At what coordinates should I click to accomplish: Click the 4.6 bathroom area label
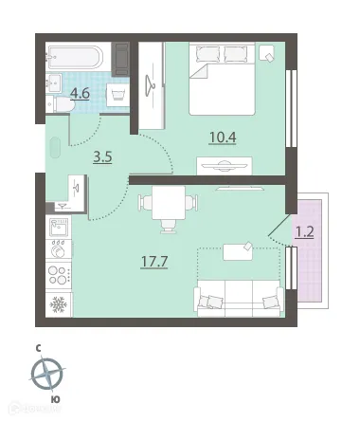pyautogui.click(x=81, y=94)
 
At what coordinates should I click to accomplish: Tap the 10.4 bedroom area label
pyautogui.click(x=223, y=138)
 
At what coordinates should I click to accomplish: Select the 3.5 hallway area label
pyautogui.click(x=103, y=156)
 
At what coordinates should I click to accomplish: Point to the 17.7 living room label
pyautogui.click(x=154, y=262)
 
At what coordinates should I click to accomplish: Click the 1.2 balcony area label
pyautogui.click(x=304, y=232)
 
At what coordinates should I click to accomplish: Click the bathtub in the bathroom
pyautogui.click(x=75, y=57)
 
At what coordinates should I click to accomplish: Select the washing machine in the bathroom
pyautogui.click(x=117, y=95)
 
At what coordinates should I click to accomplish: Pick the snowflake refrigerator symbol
pyautogui.click(x=59, y=304)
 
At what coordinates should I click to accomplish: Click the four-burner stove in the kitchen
pyautogui.click(x=59, y=275)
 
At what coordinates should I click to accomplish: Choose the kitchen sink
pyautogui.click(x=59, y=228)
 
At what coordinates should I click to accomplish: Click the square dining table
pyautogui.click(x=169, y=203)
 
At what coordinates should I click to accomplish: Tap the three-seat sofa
pyautogui.click(x=239, y=298)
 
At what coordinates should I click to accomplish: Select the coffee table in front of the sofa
pyautogui.click(x=238, y=252)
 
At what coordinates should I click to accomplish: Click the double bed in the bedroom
pyautogui.click(x=222, y=79)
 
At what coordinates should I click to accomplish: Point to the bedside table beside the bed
pyautogui.click(x=266, y=53)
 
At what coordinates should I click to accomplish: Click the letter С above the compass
pyautogui.click(x=38, y=348)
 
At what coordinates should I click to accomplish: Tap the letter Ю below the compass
pyautogui.click(x=56, y=399)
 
